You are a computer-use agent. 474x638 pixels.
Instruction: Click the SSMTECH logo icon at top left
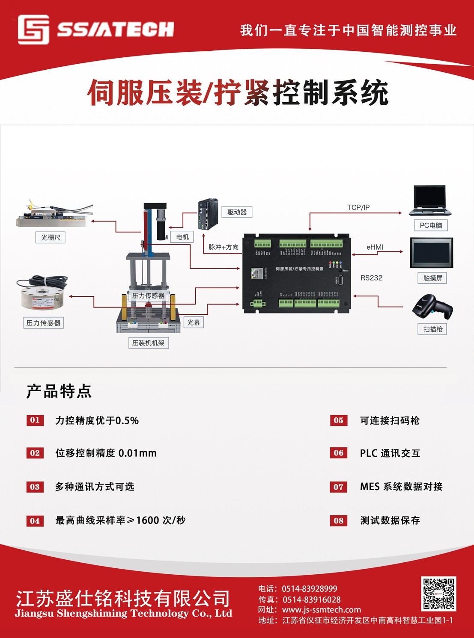(33, 30)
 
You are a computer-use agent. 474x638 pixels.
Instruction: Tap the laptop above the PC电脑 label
(430, 201)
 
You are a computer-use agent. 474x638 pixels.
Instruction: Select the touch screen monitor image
(431, 253)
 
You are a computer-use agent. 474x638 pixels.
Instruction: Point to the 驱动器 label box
(237, 212)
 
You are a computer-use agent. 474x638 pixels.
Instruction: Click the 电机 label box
(182, 237)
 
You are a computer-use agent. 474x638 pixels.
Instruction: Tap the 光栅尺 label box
(51, 237)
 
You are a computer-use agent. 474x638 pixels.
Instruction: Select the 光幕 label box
(194, 322)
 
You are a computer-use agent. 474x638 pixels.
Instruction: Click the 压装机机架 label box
(148, 343)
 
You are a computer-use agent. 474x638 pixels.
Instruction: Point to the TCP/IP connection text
(358, 207)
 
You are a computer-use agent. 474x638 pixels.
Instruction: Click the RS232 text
(371, 278)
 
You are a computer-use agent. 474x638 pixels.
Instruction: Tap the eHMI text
(375, 247)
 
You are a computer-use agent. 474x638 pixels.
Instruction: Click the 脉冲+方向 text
(224, 247)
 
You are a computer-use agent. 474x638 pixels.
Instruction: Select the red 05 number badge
(338, 420)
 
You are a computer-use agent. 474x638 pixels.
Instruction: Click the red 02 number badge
(35, 453)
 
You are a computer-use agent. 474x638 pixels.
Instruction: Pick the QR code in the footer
(438, 594)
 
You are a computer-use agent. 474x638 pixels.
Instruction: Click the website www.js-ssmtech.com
(321, 610)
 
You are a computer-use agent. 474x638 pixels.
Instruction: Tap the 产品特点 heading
(59, 391)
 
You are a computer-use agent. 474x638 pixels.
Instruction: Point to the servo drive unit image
(208, 214)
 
